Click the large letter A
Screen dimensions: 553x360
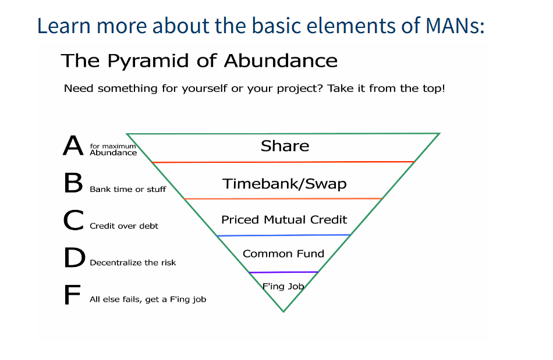pyautogui.click(x=73, y=145)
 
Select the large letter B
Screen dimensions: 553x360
pyautogui.click(x=73, y=183)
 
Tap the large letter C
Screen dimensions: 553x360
pyautogui.click(x=74, y=220)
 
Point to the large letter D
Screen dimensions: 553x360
pyautogui.click(x=75, y=257)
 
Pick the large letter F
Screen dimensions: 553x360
pyautogui.click(x=73, y=294)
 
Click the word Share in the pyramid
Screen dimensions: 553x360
pyautogui.click(x=285, y=146)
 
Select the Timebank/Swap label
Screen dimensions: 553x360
pyautogui.click(x=284, y=184)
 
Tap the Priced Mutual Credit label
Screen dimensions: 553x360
pyautogui.click(x=284, y=220)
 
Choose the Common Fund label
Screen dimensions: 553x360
pyautogui.click(x=283, y=254)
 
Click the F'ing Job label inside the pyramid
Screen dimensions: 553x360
pyautogui.click(x=283, y=286)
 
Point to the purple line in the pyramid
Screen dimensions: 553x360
pyautogui.click(x=283, y=272)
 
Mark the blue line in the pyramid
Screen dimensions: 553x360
pyautogui.click(x=283, y=236)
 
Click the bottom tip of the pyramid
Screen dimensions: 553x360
pyautogui.click(x=283, y=312)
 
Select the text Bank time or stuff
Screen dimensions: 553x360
pyautogui.click(x=127, y=190)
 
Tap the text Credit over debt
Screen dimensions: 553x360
pyautogui.click(x=124, y=226)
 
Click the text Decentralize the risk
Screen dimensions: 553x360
pyautogui.click(x=133, y=263)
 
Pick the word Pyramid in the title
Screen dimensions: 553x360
pyautogui.click(x=148, y=61)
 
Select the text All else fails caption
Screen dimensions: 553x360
pyautogui.click(x=148, y=300)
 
